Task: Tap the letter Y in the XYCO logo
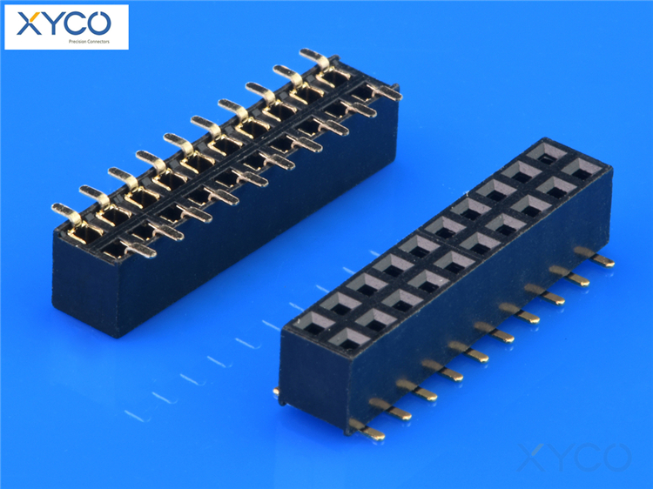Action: coord(50,23)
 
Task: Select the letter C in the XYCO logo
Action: coord(77,23)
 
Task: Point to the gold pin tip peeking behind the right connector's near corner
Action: coord(277,393)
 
